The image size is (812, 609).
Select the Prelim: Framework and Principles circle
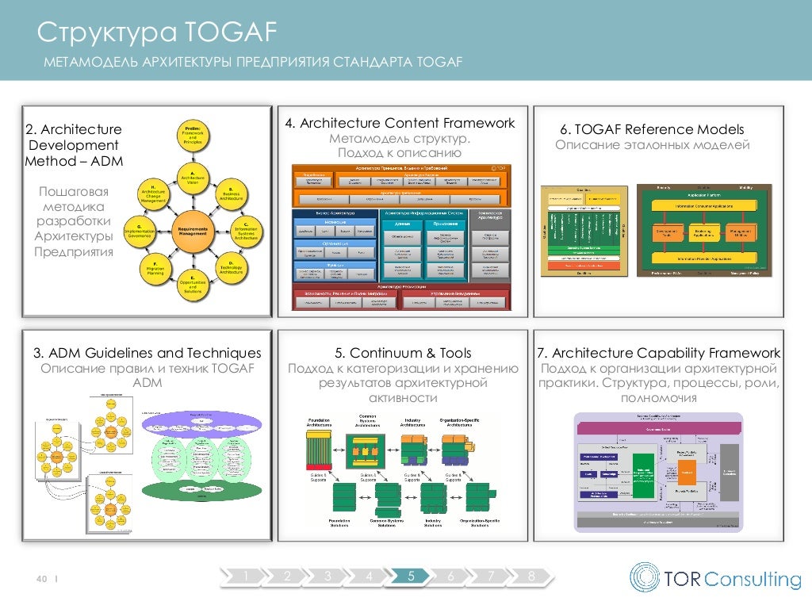pos(191,134)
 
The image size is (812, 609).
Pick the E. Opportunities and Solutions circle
pos(191,285)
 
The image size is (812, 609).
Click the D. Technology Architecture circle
pos(230,266)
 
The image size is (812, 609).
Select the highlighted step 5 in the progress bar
pos(410,576)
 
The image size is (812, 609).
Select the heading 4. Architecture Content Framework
pos(400,123)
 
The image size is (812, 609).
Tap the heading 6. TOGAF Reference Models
pos(652,129)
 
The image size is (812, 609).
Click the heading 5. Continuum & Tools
pos(400,353)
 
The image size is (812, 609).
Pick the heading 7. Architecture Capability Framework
pos(658,353)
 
